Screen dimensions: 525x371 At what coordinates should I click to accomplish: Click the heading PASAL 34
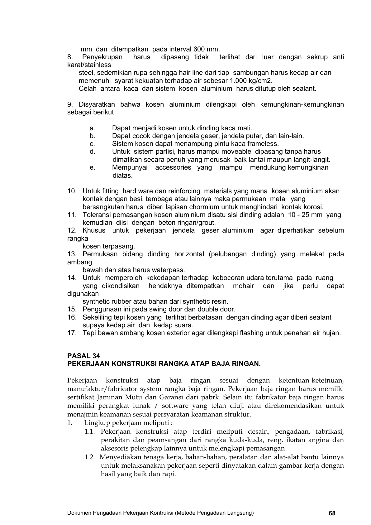83,356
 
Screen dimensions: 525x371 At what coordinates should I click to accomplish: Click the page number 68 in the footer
332,513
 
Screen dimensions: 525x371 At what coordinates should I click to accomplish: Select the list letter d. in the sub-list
92,152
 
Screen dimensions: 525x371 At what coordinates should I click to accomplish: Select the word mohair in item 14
243,286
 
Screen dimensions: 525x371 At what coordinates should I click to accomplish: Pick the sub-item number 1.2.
89,457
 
